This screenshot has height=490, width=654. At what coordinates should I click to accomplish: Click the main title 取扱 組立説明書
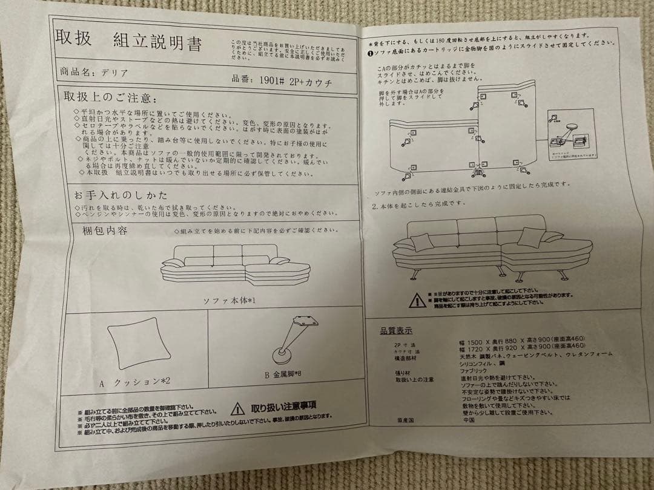(x=129, y=41)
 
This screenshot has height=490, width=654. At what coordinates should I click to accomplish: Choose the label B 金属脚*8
(x=282, y=375)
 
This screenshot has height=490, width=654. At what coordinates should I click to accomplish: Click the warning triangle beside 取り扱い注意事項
(x=238, y=408)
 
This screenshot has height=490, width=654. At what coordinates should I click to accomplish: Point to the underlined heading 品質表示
(x=396, y=330)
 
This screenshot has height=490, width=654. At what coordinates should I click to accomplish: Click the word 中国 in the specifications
(x=469, y=419)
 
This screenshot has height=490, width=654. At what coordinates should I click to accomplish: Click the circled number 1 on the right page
(x=371, y=53)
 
